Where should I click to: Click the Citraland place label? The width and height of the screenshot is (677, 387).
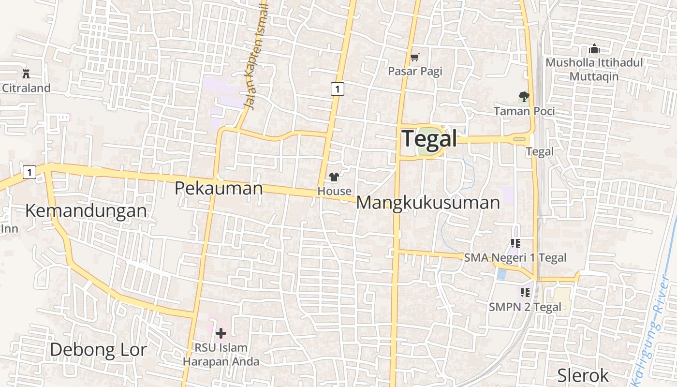26,88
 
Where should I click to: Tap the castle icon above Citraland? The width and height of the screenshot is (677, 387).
26,74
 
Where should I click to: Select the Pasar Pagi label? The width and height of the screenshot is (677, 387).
415,72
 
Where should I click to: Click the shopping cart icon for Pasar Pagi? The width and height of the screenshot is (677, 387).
414,58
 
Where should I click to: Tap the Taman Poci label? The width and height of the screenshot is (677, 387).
524,111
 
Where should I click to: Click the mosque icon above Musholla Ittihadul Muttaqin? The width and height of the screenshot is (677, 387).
594,49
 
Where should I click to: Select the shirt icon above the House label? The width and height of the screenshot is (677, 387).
334,177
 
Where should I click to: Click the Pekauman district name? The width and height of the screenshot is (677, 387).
219,188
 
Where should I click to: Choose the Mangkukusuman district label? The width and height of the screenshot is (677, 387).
427,203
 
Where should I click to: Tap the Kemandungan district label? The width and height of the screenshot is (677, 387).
86,211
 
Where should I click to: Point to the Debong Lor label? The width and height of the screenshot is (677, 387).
98,349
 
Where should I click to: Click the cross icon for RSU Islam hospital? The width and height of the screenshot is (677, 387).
221,333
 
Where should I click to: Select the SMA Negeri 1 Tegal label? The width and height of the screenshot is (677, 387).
515,258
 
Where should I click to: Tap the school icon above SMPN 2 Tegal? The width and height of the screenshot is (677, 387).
525,293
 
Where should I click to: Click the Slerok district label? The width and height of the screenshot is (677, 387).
583,375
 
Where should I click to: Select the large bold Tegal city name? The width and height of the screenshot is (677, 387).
429,139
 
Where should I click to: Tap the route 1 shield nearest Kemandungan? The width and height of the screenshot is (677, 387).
29,172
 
